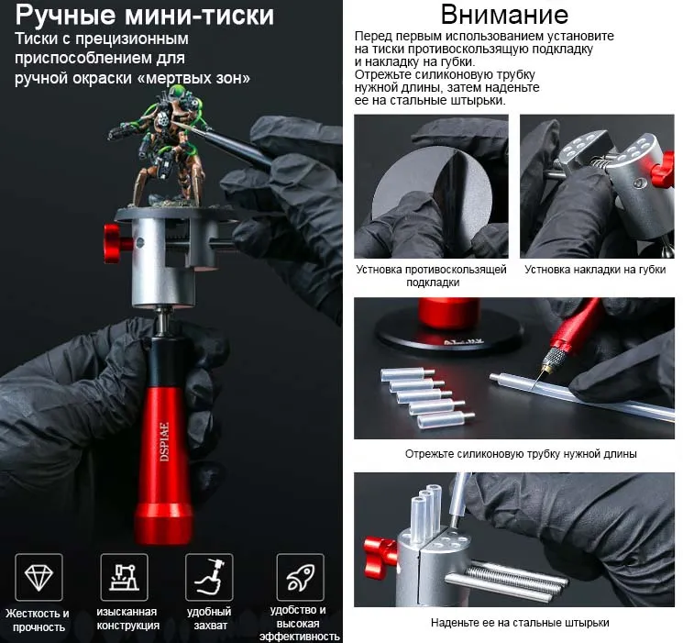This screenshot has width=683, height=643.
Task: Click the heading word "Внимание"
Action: click(504, 15)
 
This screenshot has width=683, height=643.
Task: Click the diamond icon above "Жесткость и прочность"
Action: click(39, 577)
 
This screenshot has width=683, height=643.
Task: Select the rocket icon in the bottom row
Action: click(300, 577)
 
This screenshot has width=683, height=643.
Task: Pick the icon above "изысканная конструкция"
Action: click(124, 577)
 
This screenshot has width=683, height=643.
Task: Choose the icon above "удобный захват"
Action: click(209, 577)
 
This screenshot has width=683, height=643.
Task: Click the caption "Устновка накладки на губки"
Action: click(595, 271)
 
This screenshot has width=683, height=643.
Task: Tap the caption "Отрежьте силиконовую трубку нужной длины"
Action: click(521, 453)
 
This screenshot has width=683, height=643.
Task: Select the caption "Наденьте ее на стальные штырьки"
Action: click(520, 623)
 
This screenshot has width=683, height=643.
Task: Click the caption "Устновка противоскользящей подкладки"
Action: click(431, 276)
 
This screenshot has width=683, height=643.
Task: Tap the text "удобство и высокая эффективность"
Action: click(299, 623)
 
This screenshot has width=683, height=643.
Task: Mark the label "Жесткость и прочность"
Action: click(38, 620)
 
